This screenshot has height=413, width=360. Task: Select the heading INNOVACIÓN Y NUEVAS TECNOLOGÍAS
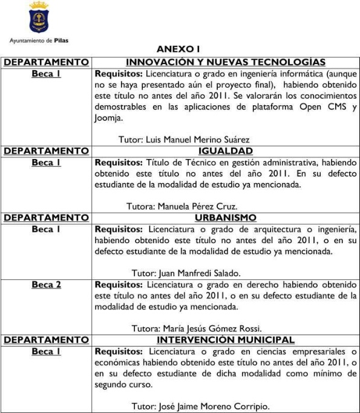coord(224,62)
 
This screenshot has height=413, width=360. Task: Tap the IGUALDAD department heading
coord(225,151)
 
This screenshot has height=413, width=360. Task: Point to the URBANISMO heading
coord(225,218)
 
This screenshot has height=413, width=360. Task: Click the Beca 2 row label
coord(46,284)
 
